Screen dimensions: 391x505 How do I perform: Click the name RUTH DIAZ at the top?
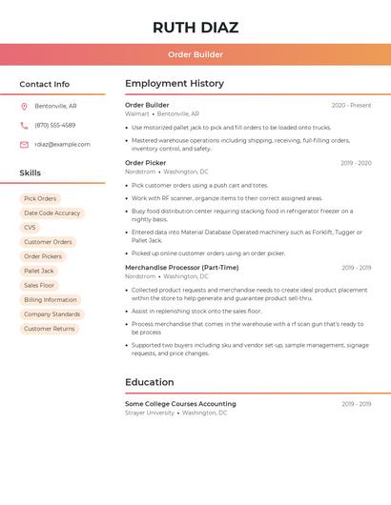(195, 28)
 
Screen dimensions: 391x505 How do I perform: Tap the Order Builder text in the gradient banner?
(195, 55)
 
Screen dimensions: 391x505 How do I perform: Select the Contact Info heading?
(44, 84)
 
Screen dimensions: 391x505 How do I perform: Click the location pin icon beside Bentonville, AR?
(24, 107)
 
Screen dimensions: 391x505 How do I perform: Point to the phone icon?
(24, 126)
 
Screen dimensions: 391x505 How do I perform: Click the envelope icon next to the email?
(24, 145)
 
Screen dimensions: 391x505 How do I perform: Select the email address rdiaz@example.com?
(62, 145)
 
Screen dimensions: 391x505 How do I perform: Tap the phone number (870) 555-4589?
(54, 126)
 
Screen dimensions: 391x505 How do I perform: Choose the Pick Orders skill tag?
(40, 199)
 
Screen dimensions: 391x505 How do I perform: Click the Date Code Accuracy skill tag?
(52, 213)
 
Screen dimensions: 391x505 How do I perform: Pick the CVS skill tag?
(30, 228)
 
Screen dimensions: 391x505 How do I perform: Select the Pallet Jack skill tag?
(39, 272)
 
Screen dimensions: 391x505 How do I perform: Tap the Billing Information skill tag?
(51, 300)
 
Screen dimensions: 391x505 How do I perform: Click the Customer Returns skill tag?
(50, 329)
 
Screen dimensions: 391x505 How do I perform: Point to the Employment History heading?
(174, 84)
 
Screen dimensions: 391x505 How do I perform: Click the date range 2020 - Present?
(351, 106)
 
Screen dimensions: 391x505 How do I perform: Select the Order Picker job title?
(145, 163)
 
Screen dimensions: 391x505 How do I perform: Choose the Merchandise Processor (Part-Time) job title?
(181, 268)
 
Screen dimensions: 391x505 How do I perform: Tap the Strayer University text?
(150, 413)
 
